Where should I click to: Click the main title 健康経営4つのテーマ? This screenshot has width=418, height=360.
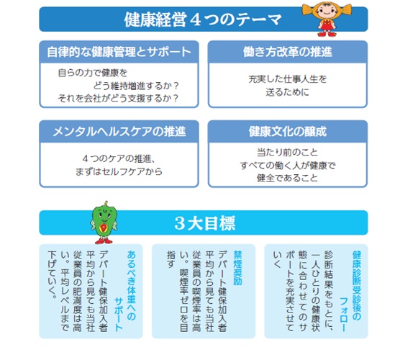point(203,19)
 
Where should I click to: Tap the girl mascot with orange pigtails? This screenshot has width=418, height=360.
point(327,19)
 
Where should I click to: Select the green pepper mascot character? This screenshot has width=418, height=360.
point(104,222)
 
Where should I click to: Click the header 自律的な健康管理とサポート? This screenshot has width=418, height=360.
point(119,52)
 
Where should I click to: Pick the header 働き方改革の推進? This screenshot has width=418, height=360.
point(288,52)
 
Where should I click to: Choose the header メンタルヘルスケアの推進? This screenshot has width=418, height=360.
point(119,132)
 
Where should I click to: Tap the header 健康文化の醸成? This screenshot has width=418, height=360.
point(288,132)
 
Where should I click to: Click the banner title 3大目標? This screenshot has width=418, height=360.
point(205,223)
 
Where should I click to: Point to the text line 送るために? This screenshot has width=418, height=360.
point(287,92)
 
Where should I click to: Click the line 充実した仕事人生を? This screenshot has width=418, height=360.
point(287,79)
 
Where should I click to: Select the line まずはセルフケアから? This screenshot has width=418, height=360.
point(119,171)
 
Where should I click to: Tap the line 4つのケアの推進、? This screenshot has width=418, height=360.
point(119,159)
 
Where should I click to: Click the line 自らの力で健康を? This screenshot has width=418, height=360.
point(93,73)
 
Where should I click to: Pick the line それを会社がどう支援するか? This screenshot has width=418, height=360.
point(118,99)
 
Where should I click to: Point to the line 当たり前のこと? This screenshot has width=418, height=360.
point(287,153)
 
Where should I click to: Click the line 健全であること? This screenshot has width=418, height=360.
point(287,178)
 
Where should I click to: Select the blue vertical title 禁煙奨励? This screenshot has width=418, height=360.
point(237,268)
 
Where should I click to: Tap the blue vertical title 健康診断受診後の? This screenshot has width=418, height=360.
point(357,285)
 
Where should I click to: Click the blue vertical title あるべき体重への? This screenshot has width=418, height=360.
point(131,285)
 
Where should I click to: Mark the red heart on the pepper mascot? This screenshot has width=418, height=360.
point(103,228)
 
